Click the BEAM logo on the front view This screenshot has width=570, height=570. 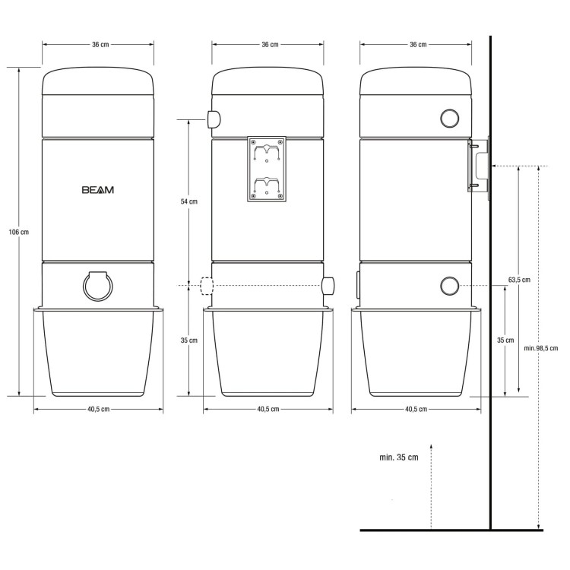click(x=98, y=190)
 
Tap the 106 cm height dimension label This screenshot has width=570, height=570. click(x=19, y=232)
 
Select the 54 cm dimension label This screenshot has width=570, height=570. click(x=189, y=201)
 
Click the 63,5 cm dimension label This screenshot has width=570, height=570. click(x=519, y=280)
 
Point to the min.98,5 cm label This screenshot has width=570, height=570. click(x=541, y=348)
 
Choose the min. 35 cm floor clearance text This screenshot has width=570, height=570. click(x=399, y=458)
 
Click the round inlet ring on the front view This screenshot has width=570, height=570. click(x=98, y=286)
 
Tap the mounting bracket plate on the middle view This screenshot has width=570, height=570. click(x=267, y=169)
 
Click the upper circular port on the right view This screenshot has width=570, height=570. click(x=450, y=118)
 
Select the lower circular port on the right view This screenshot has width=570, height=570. click(x=450, y=286)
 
